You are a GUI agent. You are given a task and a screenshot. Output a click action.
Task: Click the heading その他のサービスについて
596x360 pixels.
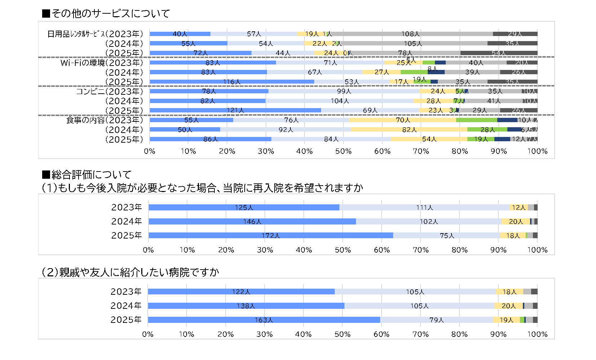[106, 14]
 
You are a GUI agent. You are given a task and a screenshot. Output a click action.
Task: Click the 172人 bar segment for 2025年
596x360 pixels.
[271, 236]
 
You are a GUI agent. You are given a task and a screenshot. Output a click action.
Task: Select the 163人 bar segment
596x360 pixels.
[264, 320]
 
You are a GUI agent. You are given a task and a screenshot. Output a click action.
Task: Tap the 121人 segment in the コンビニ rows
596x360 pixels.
[235, 111]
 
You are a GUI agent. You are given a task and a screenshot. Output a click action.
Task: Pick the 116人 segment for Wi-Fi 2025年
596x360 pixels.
[232, 82]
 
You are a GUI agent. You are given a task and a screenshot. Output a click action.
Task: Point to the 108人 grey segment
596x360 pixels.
[411, 34]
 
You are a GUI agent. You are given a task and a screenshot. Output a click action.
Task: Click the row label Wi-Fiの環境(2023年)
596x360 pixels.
[102, 63]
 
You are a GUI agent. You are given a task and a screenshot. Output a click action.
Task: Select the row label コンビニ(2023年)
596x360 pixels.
[110, 92]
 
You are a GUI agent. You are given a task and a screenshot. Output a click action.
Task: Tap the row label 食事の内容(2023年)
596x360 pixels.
[104, 120]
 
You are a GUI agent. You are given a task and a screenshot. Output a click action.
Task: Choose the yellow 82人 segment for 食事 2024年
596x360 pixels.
[409, 130]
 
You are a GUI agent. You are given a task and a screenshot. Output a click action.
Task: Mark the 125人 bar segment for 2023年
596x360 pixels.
[244, 208]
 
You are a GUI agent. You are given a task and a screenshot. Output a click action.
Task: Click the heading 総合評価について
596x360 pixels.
[87, 175]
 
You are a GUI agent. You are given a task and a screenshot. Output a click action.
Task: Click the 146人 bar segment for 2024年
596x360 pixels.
[252, 222]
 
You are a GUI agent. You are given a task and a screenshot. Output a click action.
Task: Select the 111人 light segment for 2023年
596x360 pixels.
[424, 208]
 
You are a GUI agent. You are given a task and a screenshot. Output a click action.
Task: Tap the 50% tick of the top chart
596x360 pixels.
[343, 151]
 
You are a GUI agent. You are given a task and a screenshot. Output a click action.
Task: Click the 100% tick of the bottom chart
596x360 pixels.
[537, 334]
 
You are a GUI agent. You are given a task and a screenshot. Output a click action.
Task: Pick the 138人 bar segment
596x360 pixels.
[246, 306]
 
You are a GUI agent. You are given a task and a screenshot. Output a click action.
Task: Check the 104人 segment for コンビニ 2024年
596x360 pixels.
[339, 101]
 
